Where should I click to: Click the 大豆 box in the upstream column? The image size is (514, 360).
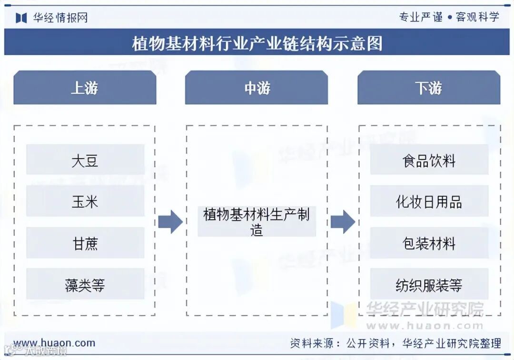click(85, 160)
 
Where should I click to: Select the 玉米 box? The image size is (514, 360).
click(85, 202)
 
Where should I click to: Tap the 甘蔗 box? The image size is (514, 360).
click(85, 243)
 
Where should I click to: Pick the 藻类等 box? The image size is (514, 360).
click(85, 285)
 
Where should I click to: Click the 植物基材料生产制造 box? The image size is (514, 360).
click(257, 222)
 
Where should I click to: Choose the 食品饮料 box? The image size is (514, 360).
click(429, 160)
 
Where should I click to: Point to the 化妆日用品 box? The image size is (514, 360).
click(429, 202)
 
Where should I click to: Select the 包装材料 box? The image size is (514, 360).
click(429, 243)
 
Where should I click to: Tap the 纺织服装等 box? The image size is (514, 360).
click(429, 285)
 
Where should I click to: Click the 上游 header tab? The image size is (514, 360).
click(85, 88)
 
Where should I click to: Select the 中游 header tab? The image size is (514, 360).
click(257, 88)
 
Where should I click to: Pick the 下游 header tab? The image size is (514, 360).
click(429, 88)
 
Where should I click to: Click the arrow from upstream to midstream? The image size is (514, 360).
click(170, 222)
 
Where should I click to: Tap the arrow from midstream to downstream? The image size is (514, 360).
click(343, 222)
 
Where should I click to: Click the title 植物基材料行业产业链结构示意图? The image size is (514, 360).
click(257, 43)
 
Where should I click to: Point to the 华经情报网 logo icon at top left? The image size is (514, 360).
click(21, 18)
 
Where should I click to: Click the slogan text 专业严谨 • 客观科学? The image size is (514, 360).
click(449, 17)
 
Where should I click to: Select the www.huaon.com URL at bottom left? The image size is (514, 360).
click(54, 343)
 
